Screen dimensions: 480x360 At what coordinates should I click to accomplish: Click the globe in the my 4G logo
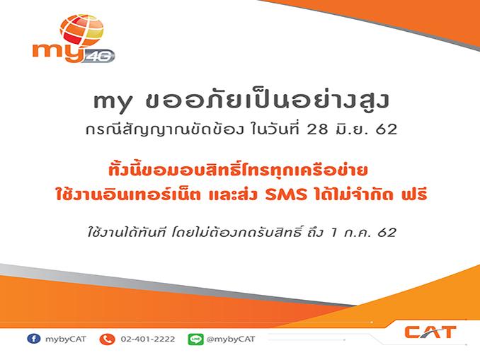coord(81,30)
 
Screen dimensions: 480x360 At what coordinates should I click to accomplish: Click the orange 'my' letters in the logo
coord(58,52)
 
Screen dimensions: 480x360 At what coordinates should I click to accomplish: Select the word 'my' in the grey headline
coord(113,103)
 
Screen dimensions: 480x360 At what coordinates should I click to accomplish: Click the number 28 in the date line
coord(317,129)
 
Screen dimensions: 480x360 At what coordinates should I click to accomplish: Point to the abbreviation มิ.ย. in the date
coord(351,129)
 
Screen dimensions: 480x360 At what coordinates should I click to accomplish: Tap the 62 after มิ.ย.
coord(387,129)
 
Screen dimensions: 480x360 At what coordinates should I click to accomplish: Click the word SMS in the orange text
coord(286,194)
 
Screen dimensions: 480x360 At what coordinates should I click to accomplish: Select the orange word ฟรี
coord(414,193)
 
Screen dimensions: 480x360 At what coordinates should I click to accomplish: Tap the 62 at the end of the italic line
coord(387,233)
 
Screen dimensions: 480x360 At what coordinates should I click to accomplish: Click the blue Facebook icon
coord(34,339)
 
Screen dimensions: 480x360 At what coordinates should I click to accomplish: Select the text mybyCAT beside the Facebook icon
coord(66,339)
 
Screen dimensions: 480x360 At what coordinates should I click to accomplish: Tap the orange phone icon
coord(107,339)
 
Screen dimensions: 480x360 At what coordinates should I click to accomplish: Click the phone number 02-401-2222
coord(148,339)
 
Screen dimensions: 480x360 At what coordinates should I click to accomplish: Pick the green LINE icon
coord(195,339)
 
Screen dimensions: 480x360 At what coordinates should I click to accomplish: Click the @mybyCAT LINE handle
coord(231,339)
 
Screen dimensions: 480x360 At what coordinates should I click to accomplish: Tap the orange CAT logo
coord(430,332)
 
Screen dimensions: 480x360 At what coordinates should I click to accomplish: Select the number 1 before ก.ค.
coord(333,233)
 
